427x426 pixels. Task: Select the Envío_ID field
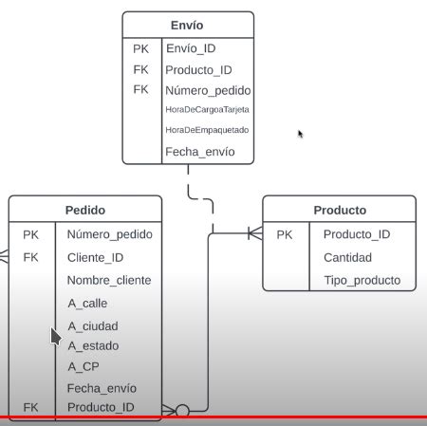[196, 48]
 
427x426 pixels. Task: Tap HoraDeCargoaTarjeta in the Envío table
[207, 110]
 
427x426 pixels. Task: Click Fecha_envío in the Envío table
[199, 151]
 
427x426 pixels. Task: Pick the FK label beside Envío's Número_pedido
[141, 89]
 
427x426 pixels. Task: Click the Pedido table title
[85, 210]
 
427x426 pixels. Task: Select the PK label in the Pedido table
[31, 233]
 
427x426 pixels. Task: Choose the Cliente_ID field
[96, 256]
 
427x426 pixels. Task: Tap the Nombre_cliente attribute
[108, 280]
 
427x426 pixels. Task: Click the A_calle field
[87, 303]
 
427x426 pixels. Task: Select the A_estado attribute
[93, 345]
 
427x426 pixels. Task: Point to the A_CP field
[84, 366]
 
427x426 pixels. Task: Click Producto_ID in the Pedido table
[101, 407]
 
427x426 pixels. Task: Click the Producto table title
[339, 210]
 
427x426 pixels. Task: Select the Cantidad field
[347, 257]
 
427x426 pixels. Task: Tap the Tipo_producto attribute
[362, 280]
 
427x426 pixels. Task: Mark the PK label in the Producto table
[285, 234]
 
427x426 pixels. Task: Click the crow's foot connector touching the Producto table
[253, 233]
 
